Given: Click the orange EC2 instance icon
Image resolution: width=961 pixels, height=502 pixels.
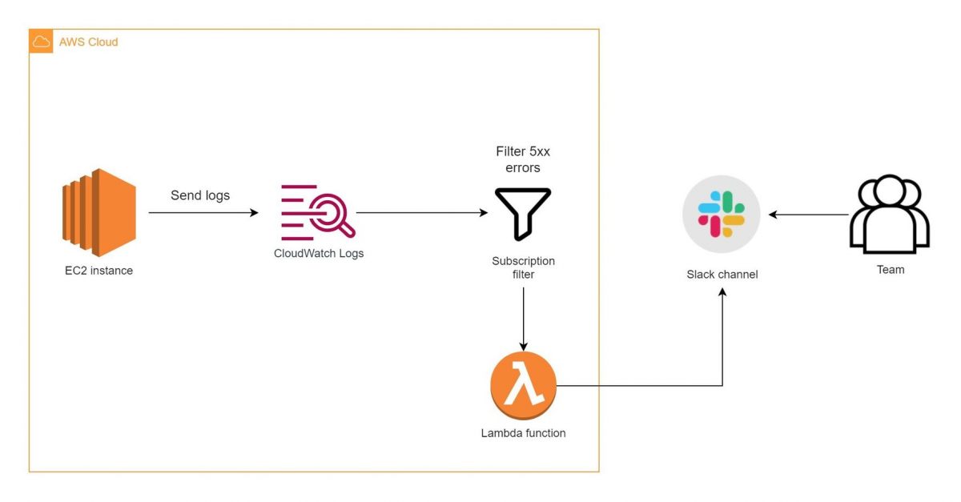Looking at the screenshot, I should (x=99, y=213).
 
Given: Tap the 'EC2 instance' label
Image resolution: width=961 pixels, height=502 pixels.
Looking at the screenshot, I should (x=99, y=271).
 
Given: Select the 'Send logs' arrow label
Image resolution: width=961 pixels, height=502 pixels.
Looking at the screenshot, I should (x=200, y=195).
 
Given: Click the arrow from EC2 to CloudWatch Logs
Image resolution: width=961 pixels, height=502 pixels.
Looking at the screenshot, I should (x=203, y=213).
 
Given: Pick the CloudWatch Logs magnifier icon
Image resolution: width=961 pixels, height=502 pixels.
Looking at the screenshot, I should (x=318, y=212).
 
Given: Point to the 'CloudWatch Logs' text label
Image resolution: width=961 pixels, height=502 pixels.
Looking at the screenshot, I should (x=318, y=254).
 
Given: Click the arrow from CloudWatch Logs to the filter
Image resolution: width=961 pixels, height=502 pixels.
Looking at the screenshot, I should (x=421, y=213).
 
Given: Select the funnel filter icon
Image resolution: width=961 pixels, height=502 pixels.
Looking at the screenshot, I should (x=523, y=213).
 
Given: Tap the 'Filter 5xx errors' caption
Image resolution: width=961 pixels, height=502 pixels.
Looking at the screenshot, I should (x=523, y=159).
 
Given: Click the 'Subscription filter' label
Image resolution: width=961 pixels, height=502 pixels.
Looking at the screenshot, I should (x=523, y=267).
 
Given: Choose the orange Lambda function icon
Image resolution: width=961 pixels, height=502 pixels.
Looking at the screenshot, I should (x=523, y=386).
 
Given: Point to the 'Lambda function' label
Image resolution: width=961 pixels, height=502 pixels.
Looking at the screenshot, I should (x=523, y=433).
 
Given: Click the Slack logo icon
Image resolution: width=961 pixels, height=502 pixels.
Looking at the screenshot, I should (x=722, y=215).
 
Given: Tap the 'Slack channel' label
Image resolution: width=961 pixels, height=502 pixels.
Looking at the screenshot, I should (x=722, y=275).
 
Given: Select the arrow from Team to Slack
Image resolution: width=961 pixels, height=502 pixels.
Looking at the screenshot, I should (x=808, y=215).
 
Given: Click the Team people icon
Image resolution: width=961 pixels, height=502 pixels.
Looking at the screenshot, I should (x=890, y=215).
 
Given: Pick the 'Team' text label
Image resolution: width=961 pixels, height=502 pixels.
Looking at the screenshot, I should (x=891, y=270).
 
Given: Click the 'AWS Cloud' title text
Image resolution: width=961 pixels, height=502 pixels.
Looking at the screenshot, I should (x=88, y=42).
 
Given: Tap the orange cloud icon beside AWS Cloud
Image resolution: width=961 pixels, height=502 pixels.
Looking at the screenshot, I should (x=42, y=42).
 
